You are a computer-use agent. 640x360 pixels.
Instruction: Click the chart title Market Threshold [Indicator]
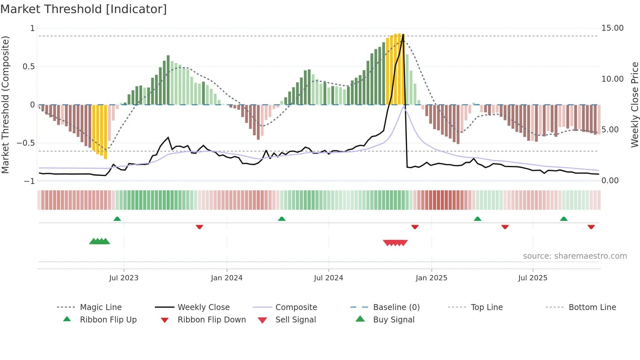click(x=84, y=9)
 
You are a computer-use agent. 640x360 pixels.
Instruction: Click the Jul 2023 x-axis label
click(x=124, y=278)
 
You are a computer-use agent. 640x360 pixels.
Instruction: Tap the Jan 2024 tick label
click(x=227, y=278)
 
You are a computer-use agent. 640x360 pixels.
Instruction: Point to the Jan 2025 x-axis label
click(x=431, y=278)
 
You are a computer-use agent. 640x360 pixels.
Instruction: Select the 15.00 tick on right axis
click(x=612, y=28)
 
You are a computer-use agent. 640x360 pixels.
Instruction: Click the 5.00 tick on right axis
click(x=610, y=130)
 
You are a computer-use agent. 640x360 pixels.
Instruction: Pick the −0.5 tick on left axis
click(x=26, y=143)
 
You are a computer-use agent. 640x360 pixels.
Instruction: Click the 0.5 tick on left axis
click(x=28, y=67)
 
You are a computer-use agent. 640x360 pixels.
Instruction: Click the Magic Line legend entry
click(x=101, y=307)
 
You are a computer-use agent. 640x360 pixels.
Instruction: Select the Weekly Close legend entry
click(x=203, y=307)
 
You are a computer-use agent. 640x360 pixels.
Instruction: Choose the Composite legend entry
click(x=296, y=307)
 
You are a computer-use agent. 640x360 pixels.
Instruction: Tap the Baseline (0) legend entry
click(x=396, y=307)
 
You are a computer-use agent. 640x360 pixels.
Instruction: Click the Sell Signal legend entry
click(x=296, y=320)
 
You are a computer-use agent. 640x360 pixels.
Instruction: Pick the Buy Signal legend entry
click(x=393, y=320)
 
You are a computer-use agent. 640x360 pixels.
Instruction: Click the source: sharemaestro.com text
click(x=575, y=256)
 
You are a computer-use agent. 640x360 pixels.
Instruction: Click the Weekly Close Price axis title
click(x=634, y=105)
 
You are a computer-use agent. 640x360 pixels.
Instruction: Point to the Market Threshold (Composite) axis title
click(x=5, y=105)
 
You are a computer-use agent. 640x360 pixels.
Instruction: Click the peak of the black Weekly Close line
click(x=403, y=35)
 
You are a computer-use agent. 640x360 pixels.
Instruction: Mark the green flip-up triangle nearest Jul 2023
click(x=117, y=219)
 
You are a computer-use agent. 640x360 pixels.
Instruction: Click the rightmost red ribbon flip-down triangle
click(x=591, y=227)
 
